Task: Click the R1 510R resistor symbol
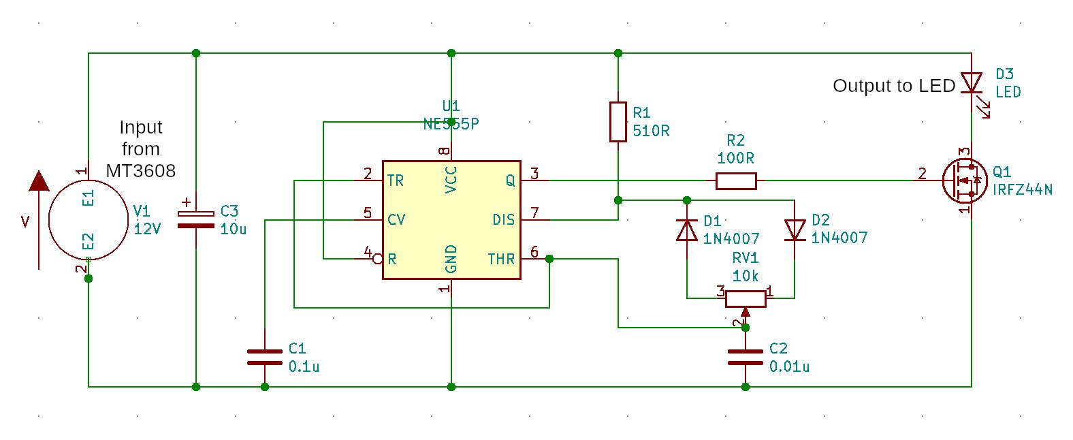pos(618,122)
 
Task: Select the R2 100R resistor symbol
pos(736,180)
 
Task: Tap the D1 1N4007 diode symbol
pos(687,230)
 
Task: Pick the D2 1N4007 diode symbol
pos(795,230)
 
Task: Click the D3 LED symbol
pos(972,83)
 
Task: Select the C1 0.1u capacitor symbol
pos(265,357)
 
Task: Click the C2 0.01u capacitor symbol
pos(746,357)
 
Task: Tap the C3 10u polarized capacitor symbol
pos(196,219)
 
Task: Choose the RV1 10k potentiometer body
pos(746,298)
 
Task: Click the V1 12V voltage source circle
pos(89,219)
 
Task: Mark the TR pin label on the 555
pos(395,180)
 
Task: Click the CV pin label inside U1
pos(396,219)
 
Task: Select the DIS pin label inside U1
pos(504,219)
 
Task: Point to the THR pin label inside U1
pos(501,259)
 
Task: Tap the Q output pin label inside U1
pos(510,180)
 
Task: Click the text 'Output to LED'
pos(894,86)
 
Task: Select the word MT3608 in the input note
pos(141,170)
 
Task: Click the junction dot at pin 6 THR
pos(549,259)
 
